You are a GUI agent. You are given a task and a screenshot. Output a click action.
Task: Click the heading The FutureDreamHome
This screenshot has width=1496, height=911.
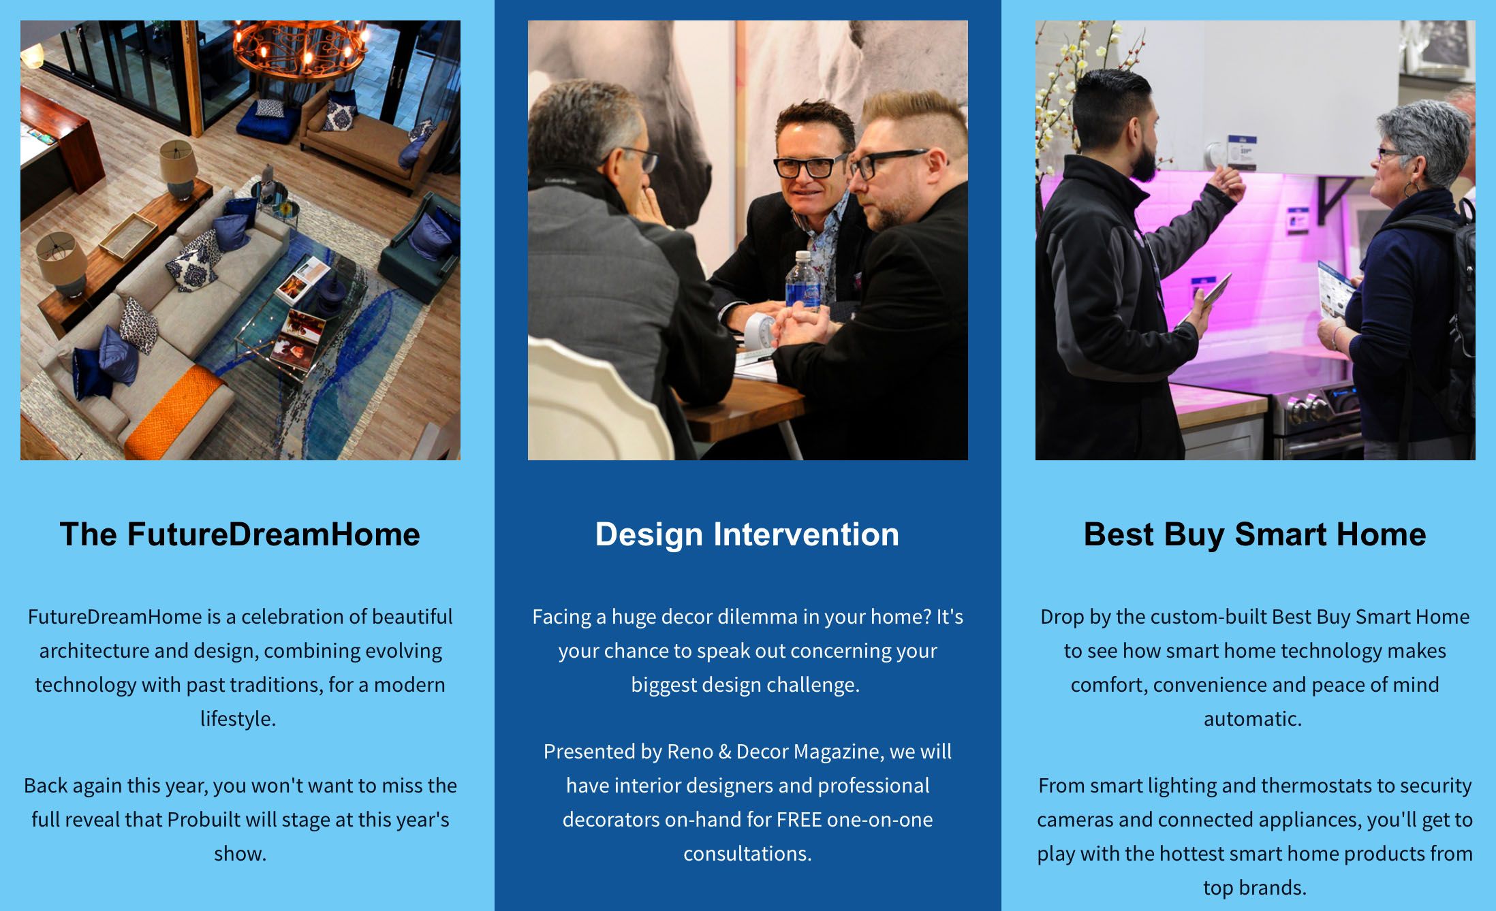[240, 534]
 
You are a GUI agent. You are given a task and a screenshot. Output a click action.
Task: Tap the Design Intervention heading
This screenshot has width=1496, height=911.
[747, 534]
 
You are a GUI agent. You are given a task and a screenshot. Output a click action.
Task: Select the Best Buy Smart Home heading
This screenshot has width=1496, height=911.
[1255, 534]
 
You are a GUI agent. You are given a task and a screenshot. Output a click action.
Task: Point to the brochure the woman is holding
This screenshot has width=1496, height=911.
[1334, 290]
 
